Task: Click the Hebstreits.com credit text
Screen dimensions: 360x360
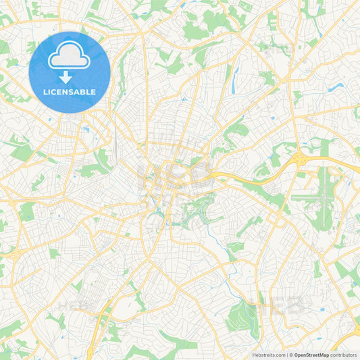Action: (268, 355)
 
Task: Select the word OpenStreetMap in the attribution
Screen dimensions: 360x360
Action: (311, 355)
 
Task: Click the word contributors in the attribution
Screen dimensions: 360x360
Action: (344, 355)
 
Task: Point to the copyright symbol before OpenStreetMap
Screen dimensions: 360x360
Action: (291, 355)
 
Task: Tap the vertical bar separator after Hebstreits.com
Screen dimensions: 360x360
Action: (287, 355)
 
